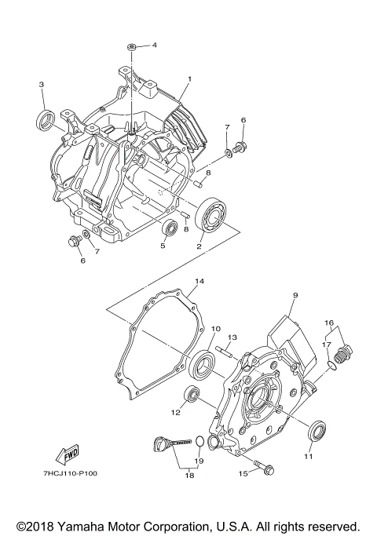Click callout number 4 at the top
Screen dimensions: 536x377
[154, 46]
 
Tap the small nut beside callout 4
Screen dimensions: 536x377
[133, 49]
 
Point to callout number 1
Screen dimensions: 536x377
[189, 79]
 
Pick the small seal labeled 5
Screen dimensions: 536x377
[170, 229]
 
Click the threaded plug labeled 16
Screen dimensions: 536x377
[345, 352]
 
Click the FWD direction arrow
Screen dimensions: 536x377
[67, 455]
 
